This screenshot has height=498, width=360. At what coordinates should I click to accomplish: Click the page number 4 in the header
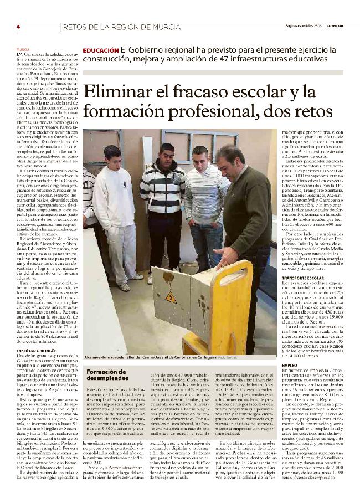tap(18, 27)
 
